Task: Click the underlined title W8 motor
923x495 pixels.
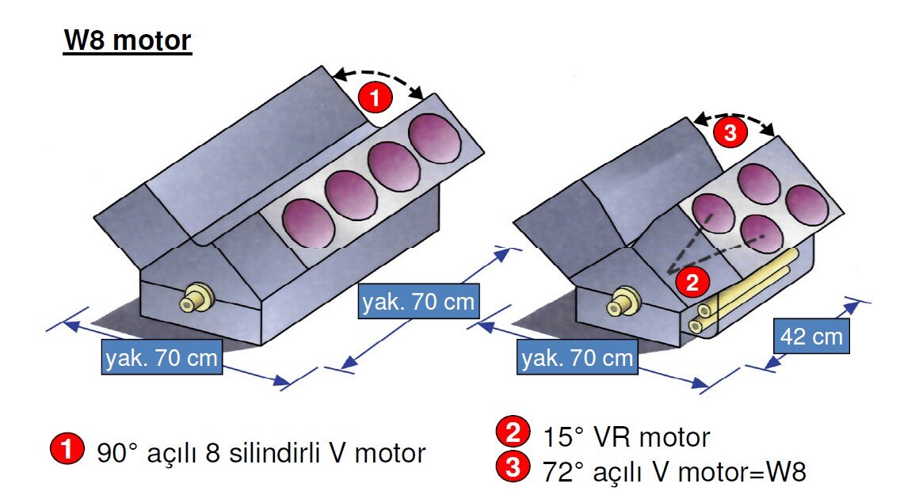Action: click(128, 40)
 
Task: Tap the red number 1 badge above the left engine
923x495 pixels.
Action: click(376, 98)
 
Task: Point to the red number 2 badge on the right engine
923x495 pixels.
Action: click(688, 280)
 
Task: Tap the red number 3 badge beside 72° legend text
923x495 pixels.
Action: click(512, 469)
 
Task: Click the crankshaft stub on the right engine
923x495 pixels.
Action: click(620, 303)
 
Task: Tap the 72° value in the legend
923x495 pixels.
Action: click(564, 471)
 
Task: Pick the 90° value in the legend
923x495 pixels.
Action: click(118, 454)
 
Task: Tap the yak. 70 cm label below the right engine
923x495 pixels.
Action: click(578, 358)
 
